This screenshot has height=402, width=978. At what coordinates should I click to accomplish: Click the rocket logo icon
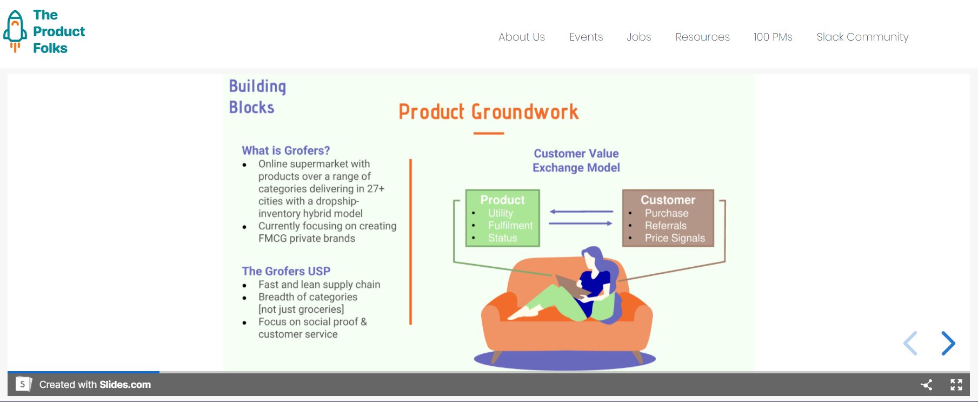point(15,31)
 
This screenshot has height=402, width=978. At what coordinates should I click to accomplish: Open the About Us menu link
point(521,37)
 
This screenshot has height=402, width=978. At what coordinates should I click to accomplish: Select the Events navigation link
point(586,37)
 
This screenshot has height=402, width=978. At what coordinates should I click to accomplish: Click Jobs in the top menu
point(638,37)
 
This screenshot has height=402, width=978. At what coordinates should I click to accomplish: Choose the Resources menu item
point(702,37)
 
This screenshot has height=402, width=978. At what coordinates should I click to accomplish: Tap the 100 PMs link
point(773,37)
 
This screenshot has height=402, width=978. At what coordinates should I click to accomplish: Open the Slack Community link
point(862,37)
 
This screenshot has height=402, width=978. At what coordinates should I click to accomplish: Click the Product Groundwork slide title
point(488,112)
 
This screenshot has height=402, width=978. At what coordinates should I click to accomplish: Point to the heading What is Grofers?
point(285,150)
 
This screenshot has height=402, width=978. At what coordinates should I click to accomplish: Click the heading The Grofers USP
point(285,271)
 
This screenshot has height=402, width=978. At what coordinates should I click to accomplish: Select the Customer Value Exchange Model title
point(576,161)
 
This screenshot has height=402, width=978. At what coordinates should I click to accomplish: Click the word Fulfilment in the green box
point(510,226)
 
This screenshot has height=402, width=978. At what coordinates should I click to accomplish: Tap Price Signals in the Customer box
point(674,238)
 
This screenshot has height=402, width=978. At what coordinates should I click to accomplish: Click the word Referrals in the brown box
point(665,226)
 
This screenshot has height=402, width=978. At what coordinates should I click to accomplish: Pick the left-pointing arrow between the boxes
point(581,212)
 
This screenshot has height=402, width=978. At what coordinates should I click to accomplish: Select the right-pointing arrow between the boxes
point(581,223)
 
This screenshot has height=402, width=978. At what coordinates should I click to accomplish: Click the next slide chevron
point(948,343)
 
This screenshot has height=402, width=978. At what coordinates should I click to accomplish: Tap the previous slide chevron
point(910,343)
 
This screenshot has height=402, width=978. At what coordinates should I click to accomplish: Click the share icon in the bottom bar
point(926,385)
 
